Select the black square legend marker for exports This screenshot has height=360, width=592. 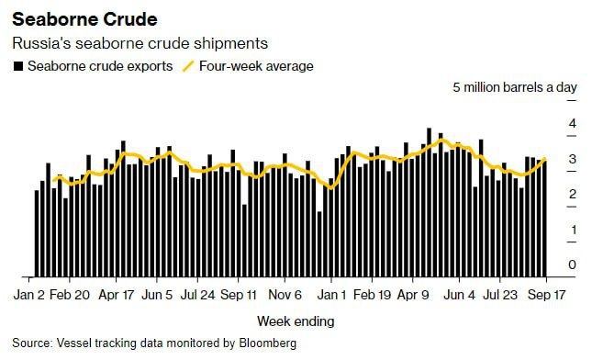[17, 66]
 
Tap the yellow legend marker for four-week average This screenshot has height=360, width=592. [190, 66]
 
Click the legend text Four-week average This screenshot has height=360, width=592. [258, 66]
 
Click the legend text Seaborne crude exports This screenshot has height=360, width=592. [99, 66]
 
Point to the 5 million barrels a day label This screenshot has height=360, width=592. [515, 87]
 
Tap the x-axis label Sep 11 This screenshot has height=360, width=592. [239, 296]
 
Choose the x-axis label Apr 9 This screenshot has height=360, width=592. [413, 296]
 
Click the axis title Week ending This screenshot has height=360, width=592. [296, 321]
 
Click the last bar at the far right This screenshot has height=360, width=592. [545, 218]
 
